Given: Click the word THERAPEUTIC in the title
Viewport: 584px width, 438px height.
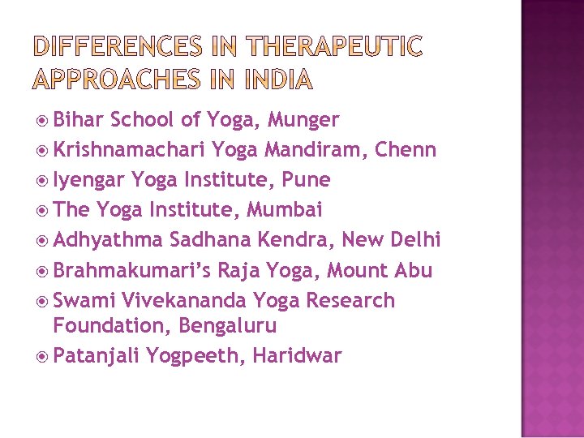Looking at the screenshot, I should click(333, 48).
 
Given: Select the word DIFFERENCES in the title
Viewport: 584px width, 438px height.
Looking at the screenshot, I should click(118, 48).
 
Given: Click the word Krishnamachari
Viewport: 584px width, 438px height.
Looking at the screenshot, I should click(129, 150).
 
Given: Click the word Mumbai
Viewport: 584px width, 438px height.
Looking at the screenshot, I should click(285, 210).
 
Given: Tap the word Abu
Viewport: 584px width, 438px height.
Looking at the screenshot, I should click(414, 270).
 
